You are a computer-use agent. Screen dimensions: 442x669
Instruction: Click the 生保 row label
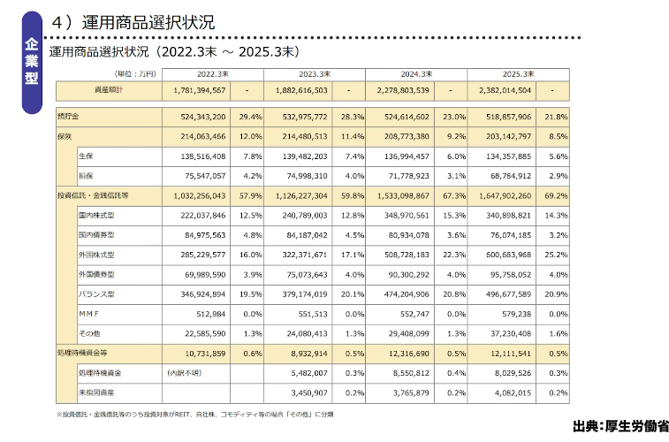pos(87,156)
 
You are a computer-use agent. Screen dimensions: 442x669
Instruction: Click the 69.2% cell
pos(556,194)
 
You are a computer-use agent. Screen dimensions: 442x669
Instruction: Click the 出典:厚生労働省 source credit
pos(619,425)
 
